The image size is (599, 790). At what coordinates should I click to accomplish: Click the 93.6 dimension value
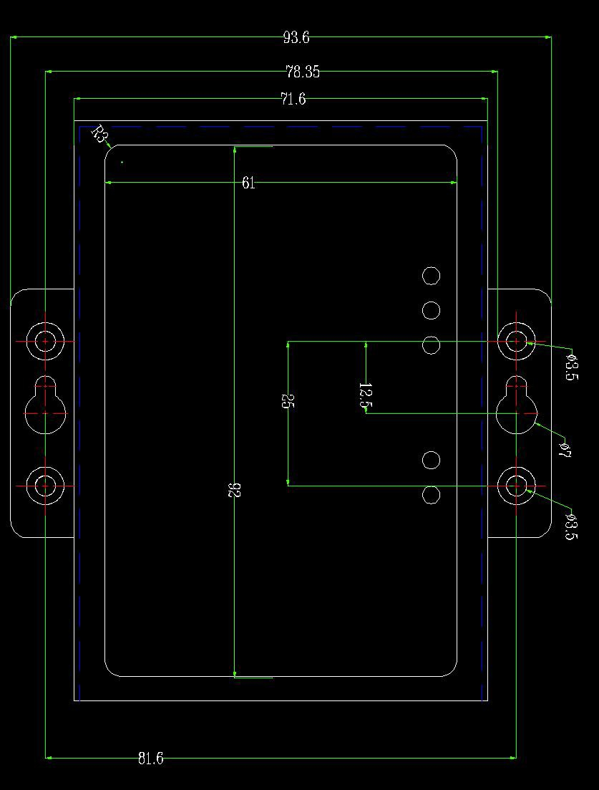click(x=296, y=38)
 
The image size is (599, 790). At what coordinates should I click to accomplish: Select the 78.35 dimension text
click(x=302, y=72)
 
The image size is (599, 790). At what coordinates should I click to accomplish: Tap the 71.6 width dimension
click(x=293, y=100)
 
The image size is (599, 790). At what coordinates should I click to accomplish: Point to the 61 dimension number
click(x=248, y=183)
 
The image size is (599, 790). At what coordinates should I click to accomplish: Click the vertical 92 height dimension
click(x=233, y=490)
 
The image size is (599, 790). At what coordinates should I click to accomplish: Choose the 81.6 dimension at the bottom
click(x=150, y=758)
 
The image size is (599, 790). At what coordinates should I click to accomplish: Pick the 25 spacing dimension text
click(x=286, y=401)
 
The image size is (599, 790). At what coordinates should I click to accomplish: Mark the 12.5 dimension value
click(x=365, y=396)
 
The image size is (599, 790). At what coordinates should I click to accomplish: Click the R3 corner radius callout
click(x=100, y=134)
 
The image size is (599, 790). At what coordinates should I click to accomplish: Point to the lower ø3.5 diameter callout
click(x=570, y=526)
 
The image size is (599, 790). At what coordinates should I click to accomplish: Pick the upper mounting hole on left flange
click(x=45, y=342)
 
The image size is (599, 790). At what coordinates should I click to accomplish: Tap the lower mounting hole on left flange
click(x=45, y=486)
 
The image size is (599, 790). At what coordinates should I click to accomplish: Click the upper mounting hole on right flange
click(x=516, y=342)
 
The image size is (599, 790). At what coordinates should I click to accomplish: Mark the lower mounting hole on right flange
click(x=516, y=486)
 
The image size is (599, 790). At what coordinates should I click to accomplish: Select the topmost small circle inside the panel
click(x=431, y=276)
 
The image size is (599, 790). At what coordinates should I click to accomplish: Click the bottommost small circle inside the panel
click(x=431, y=495)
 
